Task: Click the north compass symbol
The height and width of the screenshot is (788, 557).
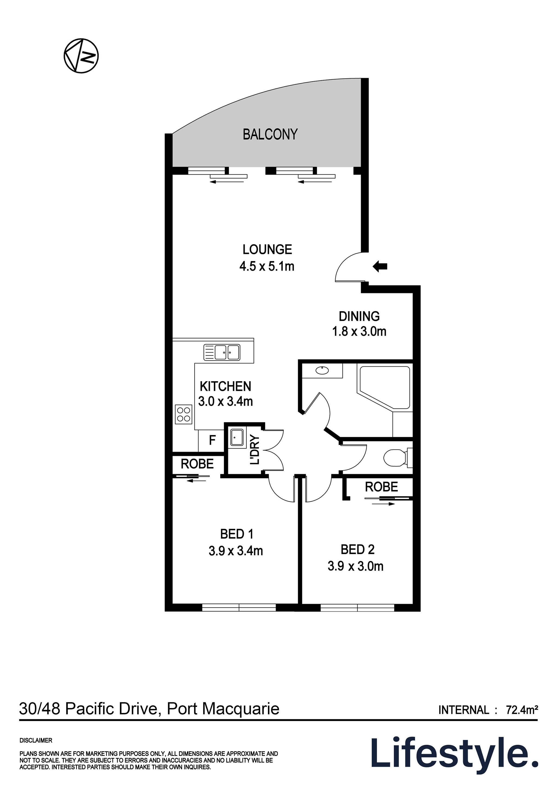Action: pyautogui.click(x=81, y=55)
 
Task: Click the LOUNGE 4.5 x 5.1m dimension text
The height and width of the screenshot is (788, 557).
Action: pyautogui.click(x=267, y=266)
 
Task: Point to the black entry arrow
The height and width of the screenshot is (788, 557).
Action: pyautogui.click(x=380, y=266)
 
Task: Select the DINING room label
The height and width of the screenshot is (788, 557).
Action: pyautogui.click(x=359, y=316)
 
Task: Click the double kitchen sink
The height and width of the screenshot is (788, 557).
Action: pyautogui.click(x=222, y=352)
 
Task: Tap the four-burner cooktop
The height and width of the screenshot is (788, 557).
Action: pyautogui.click(x=183, y=414)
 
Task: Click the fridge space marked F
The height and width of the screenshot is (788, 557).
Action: pyautogui.click(x=212, y=440)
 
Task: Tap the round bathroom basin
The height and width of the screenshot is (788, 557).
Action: pyautogui.click(x=322, y=370)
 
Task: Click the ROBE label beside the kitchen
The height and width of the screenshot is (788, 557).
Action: pyautogui.click(x=197, y=464)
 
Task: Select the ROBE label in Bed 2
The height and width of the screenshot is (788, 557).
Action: pyautogui.click(x=381, y=487)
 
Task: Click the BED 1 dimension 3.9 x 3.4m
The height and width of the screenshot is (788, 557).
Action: pyautogui.click(x=236, y=551)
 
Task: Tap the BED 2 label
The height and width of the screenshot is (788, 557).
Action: pyautogui.click(x=357, y=549)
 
